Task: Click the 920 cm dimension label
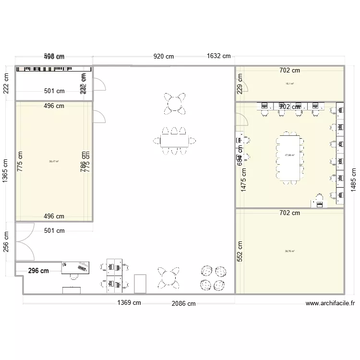(163, 56)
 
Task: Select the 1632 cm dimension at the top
(218, 56)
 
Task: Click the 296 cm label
(38, 271)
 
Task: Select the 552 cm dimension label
(240, 251)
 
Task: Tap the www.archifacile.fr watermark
(330, 303)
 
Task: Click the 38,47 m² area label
(54, 162)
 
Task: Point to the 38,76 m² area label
(289, 251)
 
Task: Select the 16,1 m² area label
(289, 83)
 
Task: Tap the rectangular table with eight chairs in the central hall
(174, 141)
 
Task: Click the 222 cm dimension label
(6, 84)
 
